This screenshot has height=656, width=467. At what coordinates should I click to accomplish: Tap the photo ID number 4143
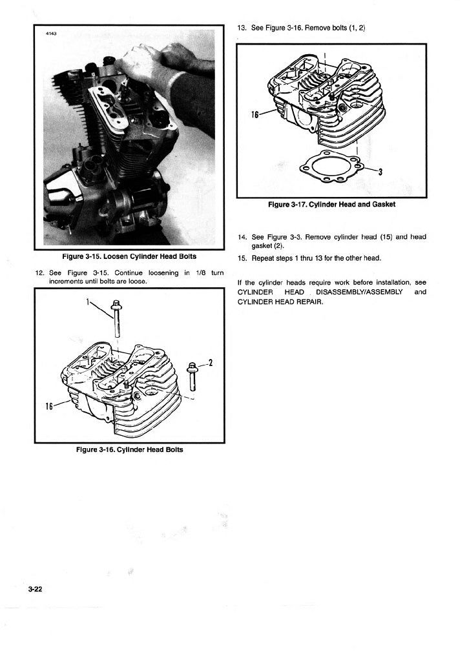tap(52, 34)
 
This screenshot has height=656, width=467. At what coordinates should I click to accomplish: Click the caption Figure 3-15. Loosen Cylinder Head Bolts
tap(129, 257)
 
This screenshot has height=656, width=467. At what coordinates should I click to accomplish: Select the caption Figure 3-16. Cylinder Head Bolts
tap(129, 450)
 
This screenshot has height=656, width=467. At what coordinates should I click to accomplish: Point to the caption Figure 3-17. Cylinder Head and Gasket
tap(331, 205)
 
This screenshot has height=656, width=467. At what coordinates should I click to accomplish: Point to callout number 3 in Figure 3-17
tap(380, 172)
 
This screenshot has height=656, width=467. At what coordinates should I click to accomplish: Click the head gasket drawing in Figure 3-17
tap(331, 167)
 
